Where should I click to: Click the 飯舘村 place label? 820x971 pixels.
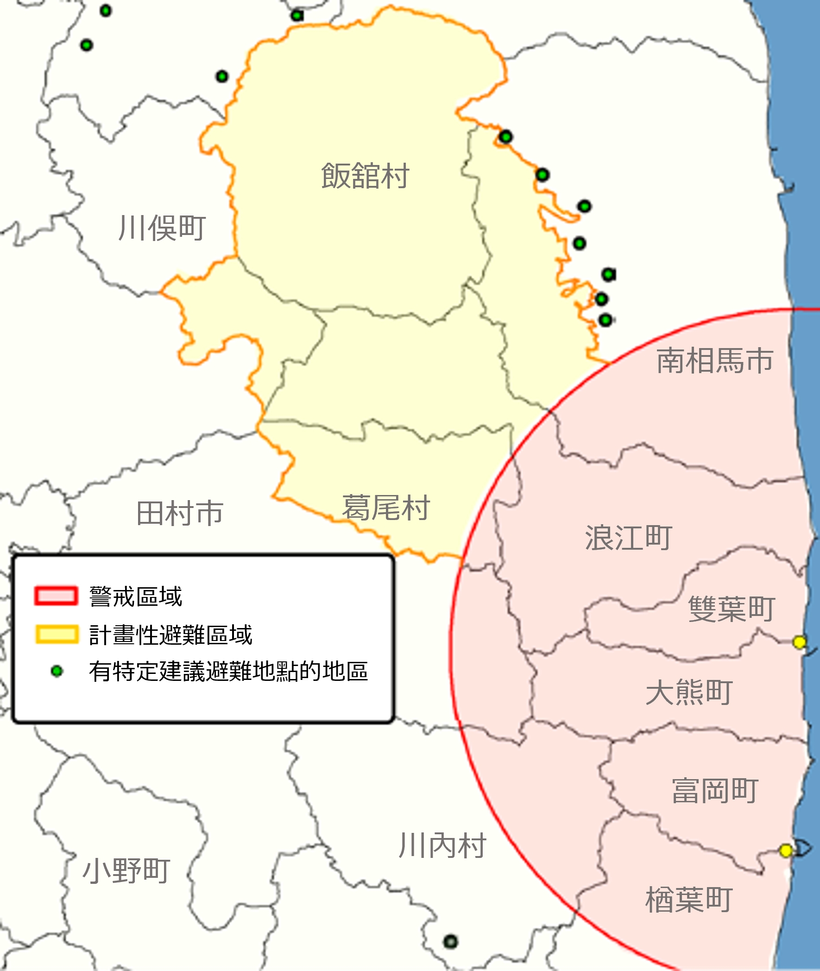pos(365,176)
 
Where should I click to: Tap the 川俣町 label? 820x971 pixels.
pos(162,228)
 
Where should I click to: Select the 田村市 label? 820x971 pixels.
pos(180,514)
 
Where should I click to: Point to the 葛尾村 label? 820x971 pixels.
pos(386,508)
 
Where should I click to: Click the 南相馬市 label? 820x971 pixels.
pos(714,361)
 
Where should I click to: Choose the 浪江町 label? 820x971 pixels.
pos(629,538)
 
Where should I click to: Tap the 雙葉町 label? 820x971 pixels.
pos(731,609)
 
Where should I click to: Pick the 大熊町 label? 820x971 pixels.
pos(689,692)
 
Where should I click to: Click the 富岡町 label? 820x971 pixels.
pos(715,791)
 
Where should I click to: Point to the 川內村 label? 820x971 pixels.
pos(442,845)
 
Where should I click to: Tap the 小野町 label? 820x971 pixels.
pos(126,870)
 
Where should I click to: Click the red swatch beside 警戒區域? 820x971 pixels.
pos(56,596)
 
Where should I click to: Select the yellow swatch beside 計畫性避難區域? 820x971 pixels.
pos(57,635)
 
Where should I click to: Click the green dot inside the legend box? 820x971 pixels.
pos(57,671)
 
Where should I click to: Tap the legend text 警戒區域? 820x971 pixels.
pos(136,597)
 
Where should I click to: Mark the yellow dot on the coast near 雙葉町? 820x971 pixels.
pos(799,642)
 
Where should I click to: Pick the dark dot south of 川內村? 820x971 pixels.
pos(450,942)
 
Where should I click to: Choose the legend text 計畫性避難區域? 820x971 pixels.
pos(170,635)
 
